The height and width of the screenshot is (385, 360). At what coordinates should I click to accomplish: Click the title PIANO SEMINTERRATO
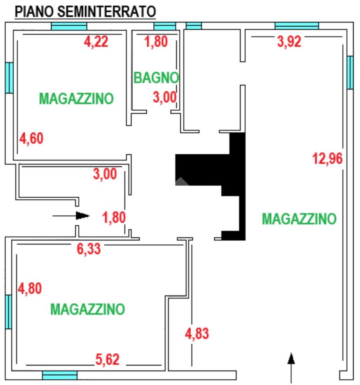tap(85, 12)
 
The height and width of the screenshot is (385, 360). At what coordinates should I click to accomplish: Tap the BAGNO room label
tap(156, 78)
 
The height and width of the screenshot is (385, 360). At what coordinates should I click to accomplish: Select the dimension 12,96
tap(327, 159)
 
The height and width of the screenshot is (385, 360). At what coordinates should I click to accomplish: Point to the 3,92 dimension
tap(289, 42)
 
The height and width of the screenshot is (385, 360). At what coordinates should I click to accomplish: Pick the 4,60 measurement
tap(31, 139)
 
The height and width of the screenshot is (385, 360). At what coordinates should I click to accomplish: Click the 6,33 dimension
tap(89, 249)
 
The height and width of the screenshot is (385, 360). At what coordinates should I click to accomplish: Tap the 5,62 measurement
tap(108, 359)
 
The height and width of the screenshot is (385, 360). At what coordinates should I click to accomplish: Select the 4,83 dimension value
tap(197, 333)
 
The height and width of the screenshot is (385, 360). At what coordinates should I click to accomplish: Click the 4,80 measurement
tap(30, 288)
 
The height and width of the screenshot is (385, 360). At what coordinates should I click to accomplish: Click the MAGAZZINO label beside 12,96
tap(299, 219)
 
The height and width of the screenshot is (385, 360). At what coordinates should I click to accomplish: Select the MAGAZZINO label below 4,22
tap(76, 98)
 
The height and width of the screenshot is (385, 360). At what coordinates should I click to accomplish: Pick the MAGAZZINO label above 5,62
tap(87, 309)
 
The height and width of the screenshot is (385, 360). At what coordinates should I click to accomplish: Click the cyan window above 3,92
tap(297, 26)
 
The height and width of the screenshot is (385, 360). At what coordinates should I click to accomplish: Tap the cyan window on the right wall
tap(350, 73)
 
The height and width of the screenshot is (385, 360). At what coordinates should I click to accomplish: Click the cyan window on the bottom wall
tap(59, 375)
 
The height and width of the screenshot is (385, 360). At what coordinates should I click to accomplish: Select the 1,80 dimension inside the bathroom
tap(156, 41)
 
